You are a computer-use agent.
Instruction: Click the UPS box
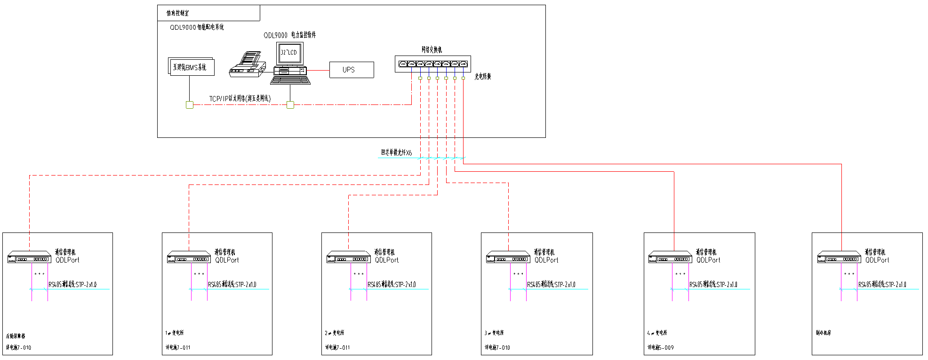[351, 70]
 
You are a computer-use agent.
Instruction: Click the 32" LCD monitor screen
[289, 53]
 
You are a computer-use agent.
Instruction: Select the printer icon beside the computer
[248, 66]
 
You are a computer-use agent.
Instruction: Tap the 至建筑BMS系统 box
[191, 67]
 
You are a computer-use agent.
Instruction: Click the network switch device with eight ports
[432, 64]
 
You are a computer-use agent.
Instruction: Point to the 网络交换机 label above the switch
[432, 49]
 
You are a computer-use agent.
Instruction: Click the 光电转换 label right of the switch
[482, 76]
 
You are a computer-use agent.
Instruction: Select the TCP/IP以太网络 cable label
[240, 98]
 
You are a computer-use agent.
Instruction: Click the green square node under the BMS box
[190, 104]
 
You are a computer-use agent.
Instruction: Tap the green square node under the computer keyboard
[290, 104]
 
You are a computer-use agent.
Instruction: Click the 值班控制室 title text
[177, 13]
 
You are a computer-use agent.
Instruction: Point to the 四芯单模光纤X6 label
[396, 152]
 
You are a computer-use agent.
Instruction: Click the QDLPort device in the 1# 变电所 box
[189, 257]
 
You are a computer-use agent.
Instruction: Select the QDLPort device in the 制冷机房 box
[839, 257]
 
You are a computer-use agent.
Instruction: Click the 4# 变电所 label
[657, 333]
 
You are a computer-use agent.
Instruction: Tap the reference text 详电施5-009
[660, 347]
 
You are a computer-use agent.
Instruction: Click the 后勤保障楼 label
[16, 336]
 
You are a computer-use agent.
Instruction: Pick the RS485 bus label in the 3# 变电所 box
[551, 284]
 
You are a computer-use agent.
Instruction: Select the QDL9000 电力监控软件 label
[289, 35]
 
